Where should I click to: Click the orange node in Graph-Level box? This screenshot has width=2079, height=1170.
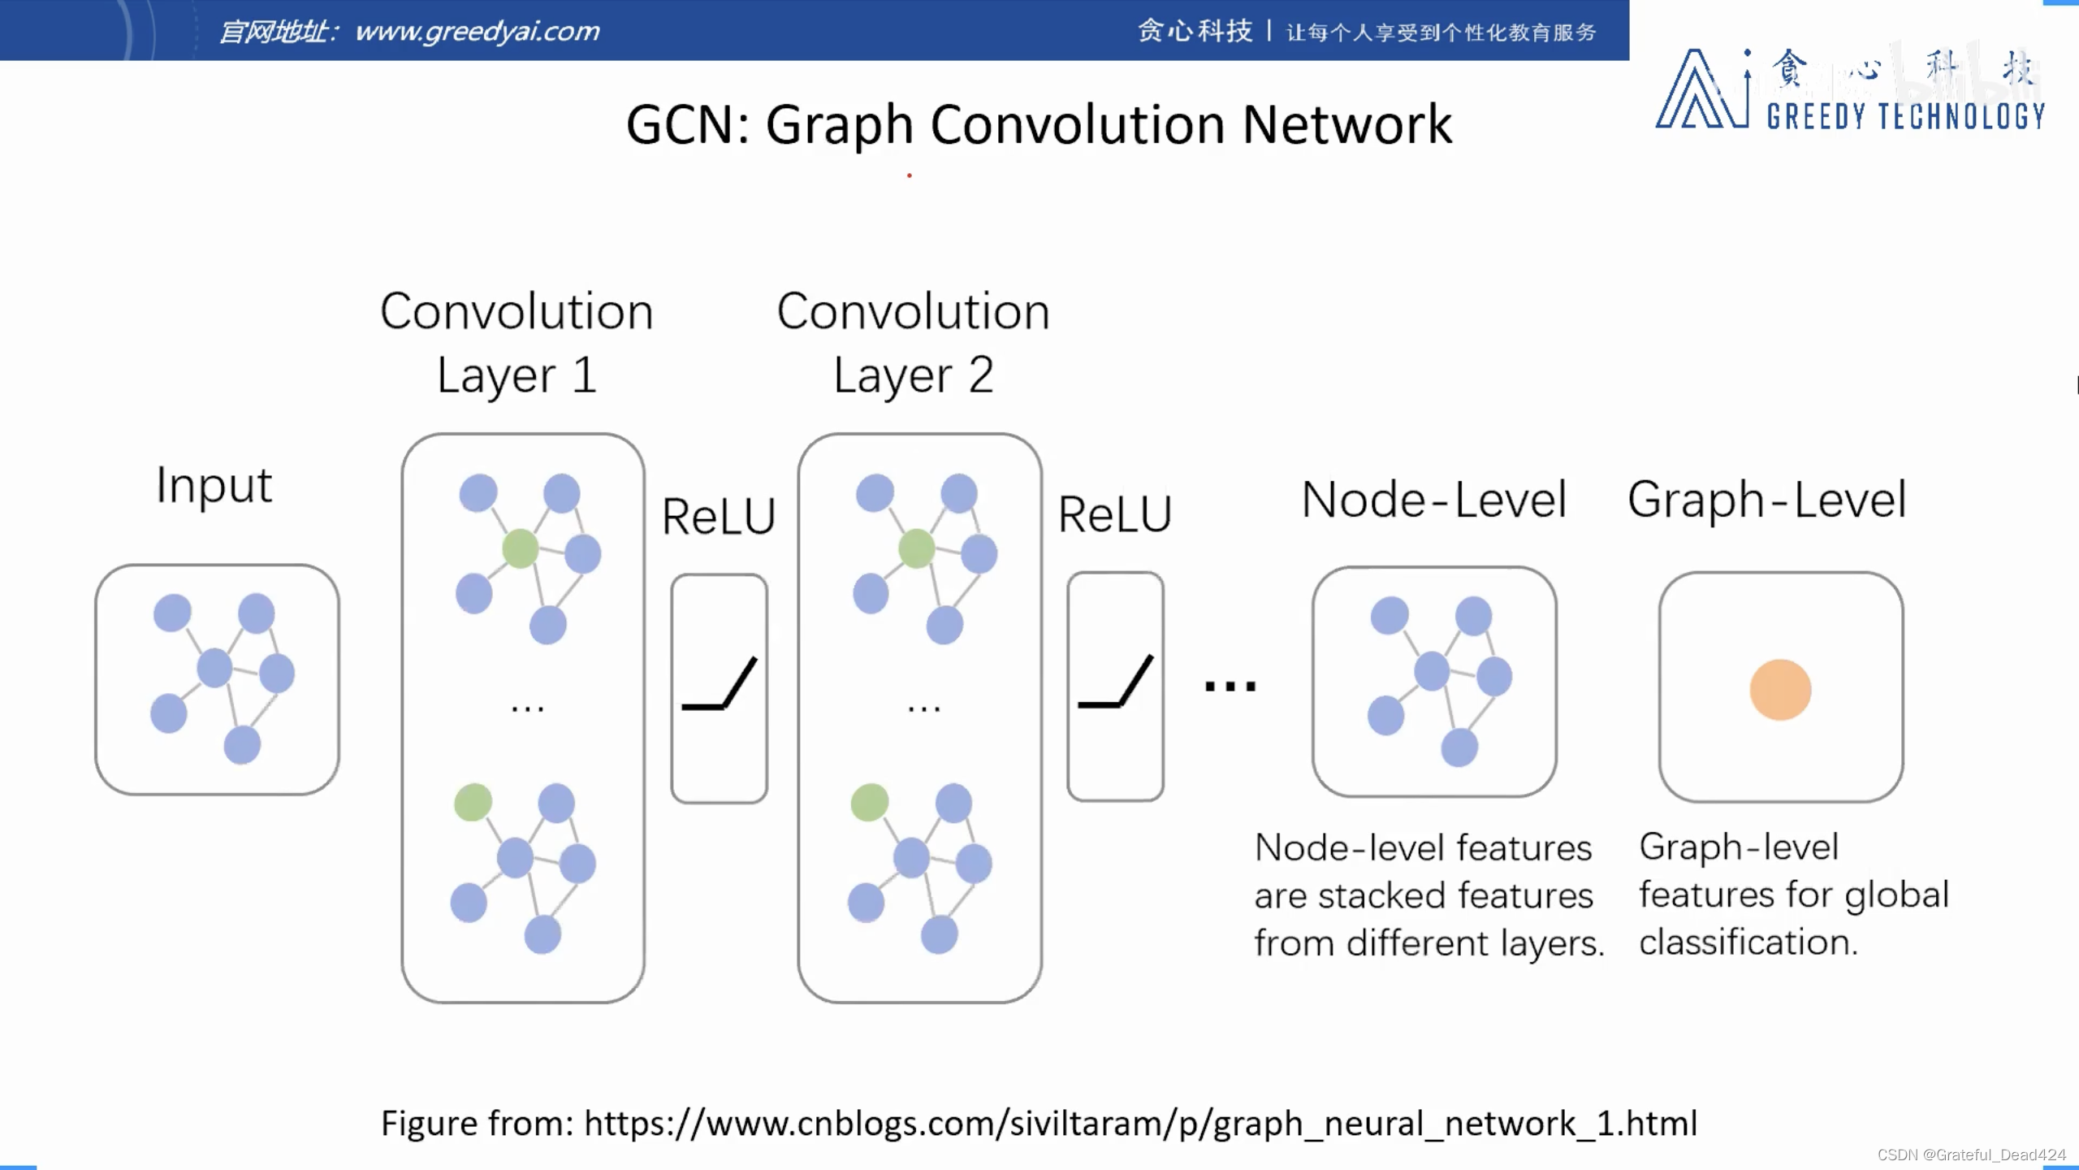[1780, 690]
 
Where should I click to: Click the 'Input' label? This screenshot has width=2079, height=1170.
[214, 486]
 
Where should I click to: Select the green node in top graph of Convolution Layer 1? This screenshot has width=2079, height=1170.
[520, 548]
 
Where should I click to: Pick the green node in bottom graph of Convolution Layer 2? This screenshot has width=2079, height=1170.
[869, 803]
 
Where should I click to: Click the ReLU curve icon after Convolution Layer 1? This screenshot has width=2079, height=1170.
[719, 687]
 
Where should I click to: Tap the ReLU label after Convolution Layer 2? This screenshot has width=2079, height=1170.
[1114, 514]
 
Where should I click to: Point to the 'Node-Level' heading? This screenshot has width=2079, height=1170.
[1433, 499]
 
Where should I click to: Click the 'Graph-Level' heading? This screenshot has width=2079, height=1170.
[1766, 499]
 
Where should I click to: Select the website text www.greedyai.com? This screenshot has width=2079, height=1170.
[478, 32]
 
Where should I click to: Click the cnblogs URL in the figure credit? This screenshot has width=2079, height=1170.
[1140, 1124]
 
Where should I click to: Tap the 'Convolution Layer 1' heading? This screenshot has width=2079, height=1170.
[517, 342]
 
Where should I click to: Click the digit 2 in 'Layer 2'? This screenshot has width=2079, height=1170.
[981, 375]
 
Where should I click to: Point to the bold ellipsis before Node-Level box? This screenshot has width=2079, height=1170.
[1230, 687]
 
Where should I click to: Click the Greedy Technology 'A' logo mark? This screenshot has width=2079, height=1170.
[1701, 91]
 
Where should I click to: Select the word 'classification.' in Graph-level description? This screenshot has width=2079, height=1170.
[1748, 942]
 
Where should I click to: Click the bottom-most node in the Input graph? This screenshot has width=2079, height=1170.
[242, 744]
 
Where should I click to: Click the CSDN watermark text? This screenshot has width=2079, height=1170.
[1971, 1155]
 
